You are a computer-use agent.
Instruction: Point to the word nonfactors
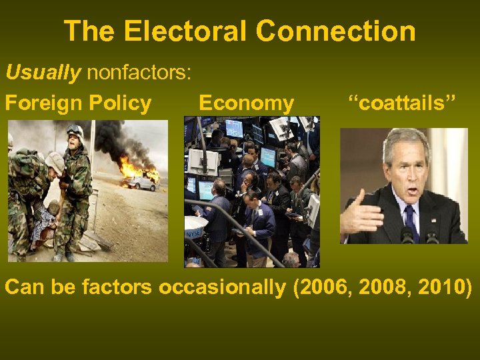point(138,72)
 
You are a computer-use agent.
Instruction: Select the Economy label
point(246,103)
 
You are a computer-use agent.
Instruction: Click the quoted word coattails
point(402,103)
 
